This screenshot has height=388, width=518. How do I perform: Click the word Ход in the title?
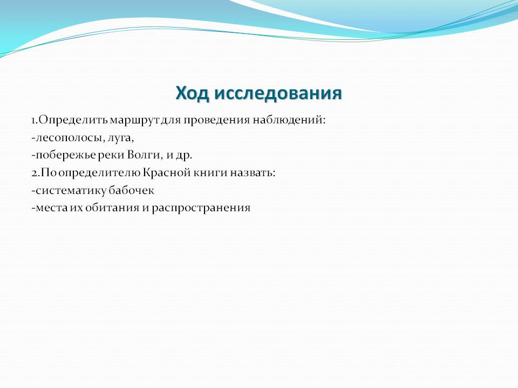pyautogui.click(x=192, y=93)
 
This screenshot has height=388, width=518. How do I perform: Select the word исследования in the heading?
pyautogui.click(x=278, y=93)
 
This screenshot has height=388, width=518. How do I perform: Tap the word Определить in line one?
pyautogui.click(x=73, y=120)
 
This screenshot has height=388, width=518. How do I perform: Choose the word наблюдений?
pyautogui.click(x=288, y=120)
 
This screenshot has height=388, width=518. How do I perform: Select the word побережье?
pyautogui.click(x=66, y=155)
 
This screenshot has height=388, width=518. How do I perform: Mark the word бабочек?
pyautogui.click(x=131, y=190)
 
